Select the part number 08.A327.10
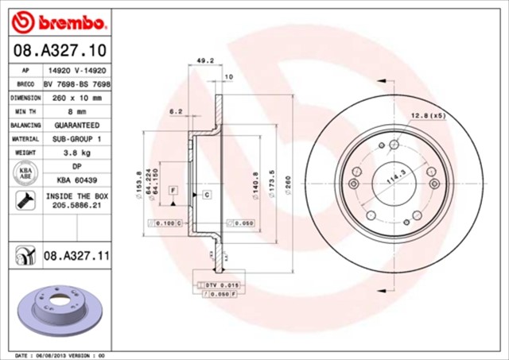pyautogui.click(x=55, y=52)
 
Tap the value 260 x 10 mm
pyautogui.click(x=77, y=98)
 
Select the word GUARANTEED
pyautogui.click(x=77, y=126)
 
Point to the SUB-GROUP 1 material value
pyautogui.click(x=77, y=139)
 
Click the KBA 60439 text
pyautogui.click(x=77, y=180)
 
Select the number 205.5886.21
pyautogui.click(x=77, y=205)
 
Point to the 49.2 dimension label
pyautogui.click(x=205, y=59)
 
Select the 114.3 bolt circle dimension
pyautogui.click(x=394, y=180)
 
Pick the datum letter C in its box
pyautogui.click(x=205, y=194)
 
